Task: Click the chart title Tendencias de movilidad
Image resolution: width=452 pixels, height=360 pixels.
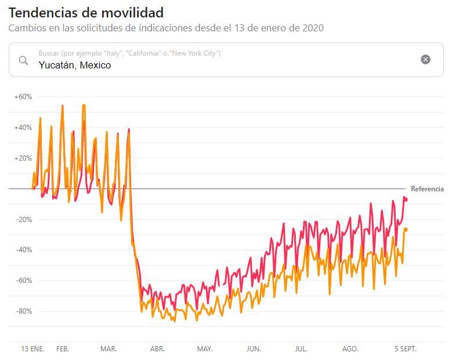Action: pyautogui.click(x=86, y=12)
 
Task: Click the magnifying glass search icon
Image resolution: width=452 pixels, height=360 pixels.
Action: pyautogui.click(x=24, y=60)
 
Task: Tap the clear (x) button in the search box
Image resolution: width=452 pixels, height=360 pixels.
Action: pyautogui.click(x=425, y=59)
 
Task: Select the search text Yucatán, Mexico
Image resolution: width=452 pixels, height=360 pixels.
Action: pyautogui.click(x=75, y=65)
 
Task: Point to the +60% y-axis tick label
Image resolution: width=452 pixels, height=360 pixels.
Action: pyautogui.click(x=23, y=97)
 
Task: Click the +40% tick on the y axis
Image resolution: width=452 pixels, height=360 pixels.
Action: pyautogui.click(x=23, y=128)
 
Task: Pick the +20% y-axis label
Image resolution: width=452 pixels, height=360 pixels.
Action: pyautogui.click(x=23, y=158)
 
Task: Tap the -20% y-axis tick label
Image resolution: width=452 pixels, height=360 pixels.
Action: pyautogui.click(x=24, y=220)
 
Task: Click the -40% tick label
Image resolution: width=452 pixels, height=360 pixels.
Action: pyautogui.click(x=24, y=250)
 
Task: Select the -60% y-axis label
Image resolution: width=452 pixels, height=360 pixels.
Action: pyautogui.click(x=24, y=281)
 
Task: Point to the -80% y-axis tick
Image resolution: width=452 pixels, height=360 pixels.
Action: pyautogui.click(x=24, y=311)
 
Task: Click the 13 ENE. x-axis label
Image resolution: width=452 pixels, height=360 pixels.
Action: pyautogui.click(x=32, y=349)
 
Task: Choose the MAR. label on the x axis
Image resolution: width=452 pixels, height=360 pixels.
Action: pyautogui.click(x=109, y=349)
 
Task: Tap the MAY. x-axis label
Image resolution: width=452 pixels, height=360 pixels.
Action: pyautogui.click(x=205, y=349)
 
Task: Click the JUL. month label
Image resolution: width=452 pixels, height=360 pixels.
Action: pyautogui.click(x=301, y=349)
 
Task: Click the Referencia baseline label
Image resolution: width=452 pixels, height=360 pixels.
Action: pyautogui.click(x=427, y=189)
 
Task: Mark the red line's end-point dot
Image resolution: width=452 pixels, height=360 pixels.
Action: pyautogui.click(x=406, y=199)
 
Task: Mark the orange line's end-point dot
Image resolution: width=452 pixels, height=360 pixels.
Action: pyautogui.click(x=406, y=230)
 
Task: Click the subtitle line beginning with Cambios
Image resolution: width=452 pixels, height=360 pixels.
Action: pyautogui.click(x=166, y=28)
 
